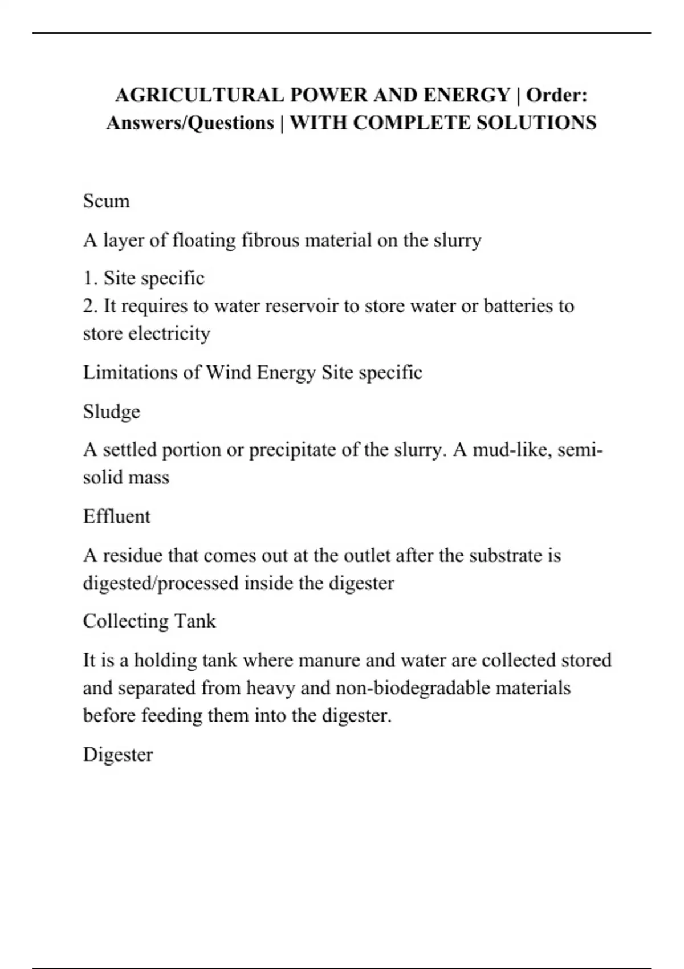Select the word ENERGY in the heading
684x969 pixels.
point(466,95)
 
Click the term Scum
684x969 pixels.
point(106,201)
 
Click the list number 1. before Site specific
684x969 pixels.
point(91,278)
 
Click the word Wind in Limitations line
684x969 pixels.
point(229,373)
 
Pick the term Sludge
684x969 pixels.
point(111,412)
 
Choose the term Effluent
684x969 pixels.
point(117,516)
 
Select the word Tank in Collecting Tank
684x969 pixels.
point(196,621)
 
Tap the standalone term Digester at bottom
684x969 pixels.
point(118,755)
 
